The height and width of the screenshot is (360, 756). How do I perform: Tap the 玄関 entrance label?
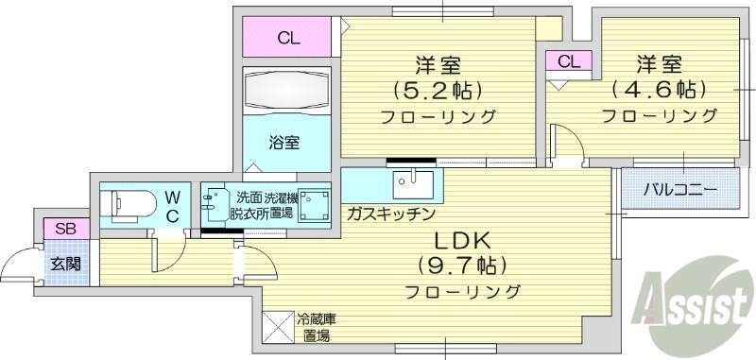tap(65, 264)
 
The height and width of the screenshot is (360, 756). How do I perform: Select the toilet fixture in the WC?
tap(126, 202)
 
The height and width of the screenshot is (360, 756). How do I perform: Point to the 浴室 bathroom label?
tap(284, 144)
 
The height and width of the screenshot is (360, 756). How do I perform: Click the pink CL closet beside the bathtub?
tap(288, 39)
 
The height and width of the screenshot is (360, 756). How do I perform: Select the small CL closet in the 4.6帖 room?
tap(568, 61)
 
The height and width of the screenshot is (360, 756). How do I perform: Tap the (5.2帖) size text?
tap(438, 91)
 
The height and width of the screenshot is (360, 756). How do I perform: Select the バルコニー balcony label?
tap(680, 189)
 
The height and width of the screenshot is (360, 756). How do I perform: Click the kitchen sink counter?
tap(411, 180)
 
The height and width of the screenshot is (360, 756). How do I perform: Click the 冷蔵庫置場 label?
tap(316, 327)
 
